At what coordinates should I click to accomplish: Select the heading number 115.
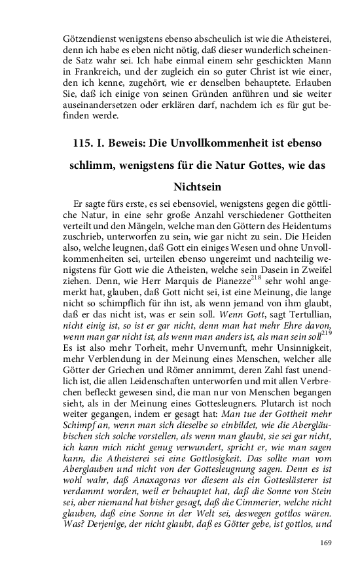coord(84,141)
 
